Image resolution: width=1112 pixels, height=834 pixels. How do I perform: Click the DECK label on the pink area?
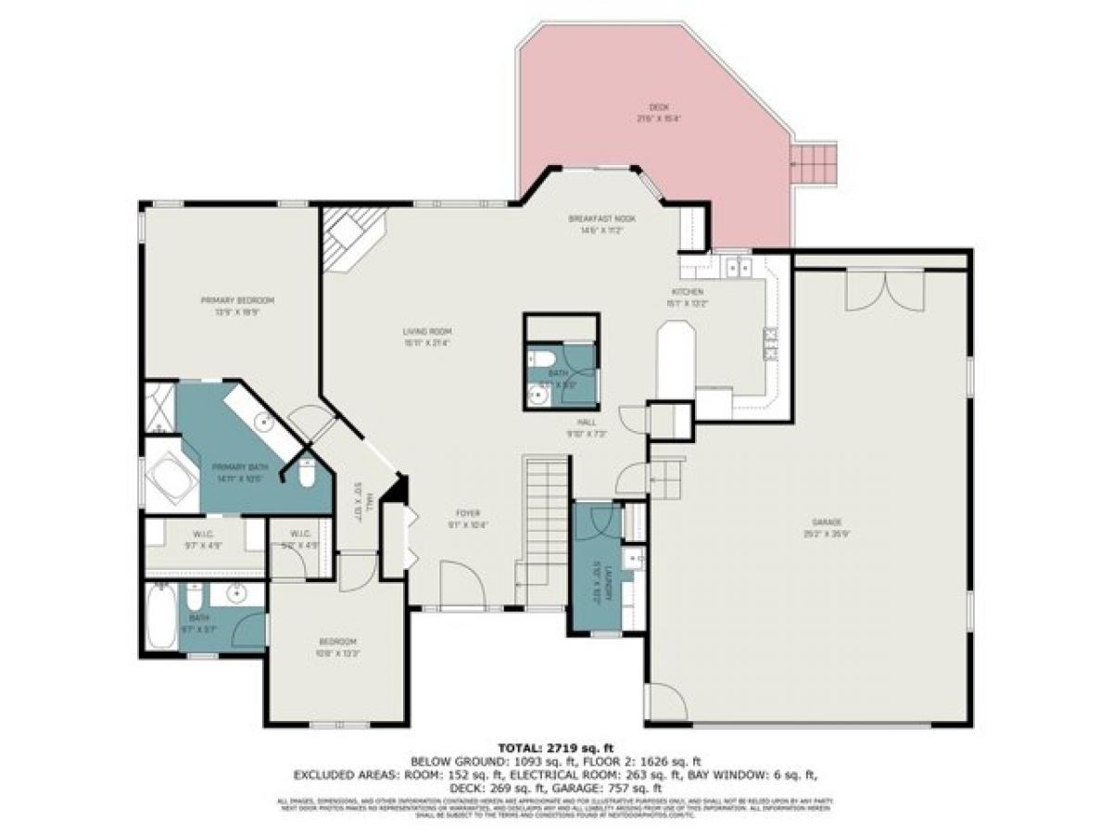(659, 107)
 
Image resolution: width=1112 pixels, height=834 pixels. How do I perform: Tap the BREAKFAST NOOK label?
(595, 219)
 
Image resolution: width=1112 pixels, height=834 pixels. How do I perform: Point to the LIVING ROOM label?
(427, 331)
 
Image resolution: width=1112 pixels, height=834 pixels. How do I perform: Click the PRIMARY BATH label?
(233, 467)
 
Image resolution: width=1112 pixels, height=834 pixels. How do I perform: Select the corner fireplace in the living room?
(350, 238)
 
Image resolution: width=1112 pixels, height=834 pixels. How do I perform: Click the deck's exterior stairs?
(814, 164)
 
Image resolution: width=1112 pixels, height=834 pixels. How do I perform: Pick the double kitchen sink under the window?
(739, 268)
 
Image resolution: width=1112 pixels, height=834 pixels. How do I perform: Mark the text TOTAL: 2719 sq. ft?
(555, 747)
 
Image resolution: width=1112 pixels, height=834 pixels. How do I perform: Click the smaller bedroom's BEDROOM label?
(338, 642)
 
